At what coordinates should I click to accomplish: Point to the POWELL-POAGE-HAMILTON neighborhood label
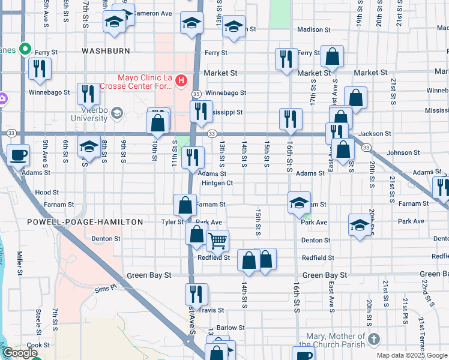(85, 222)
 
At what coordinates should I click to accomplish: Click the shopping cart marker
(217, 241)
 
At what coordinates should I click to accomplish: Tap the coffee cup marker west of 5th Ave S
(18, 155)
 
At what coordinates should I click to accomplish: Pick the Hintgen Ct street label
(217, 183)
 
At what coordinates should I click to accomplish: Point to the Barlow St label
(231, 328)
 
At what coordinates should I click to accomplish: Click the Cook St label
(38, 345)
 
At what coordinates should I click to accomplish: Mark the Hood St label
(47, 193)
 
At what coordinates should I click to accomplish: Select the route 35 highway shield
(196, 94)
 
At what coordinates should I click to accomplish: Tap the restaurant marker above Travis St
(196, 294)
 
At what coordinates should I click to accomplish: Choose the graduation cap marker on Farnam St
(298, 203)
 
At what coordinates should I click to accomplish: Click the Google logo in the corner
(20, 353)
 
